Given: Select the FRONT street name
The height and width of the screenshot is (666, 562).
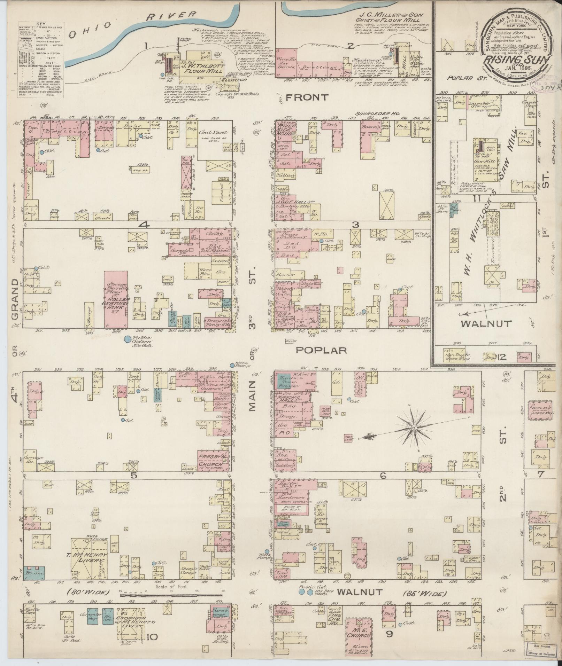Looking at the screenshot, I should pyautogui.click(x=307, y=98).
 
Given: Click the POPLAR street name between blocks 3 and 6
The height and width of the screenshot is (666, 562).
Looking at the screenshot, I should pyautogui.click(x=321, y=350).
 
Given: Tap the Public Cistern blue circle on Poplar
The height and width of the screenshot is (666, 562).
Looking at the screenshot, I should pyautogui.click(x=128, y=338).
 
